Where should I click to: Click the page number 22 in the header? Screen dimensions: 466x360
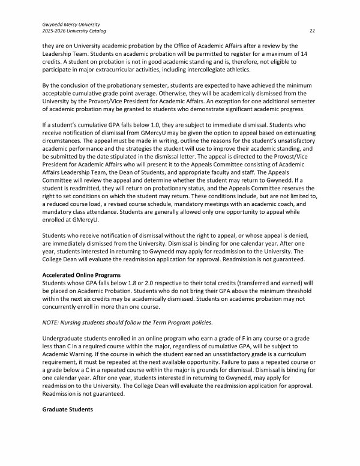tap(312, 31)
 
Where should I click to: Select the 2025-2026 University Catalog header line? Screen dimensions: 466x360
tap(67, 31)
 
